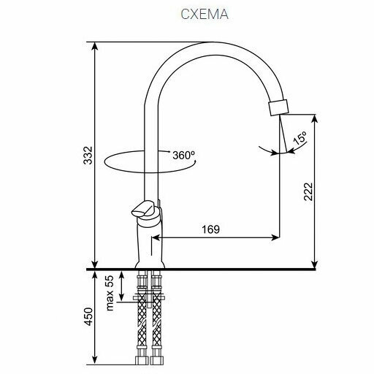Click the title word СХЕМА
coord(205,14)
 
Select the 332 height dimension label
coord(88,156)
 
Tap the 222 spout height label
coord(308,191)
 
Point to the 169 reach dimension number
coord(211,229)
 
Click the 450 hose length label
coord(88,316)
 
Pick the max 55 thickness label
coord(110,293)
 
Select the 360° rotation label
coord(184,155)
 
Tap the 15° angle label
coord(300,138)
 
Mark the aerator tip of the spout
coord(278,107)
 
